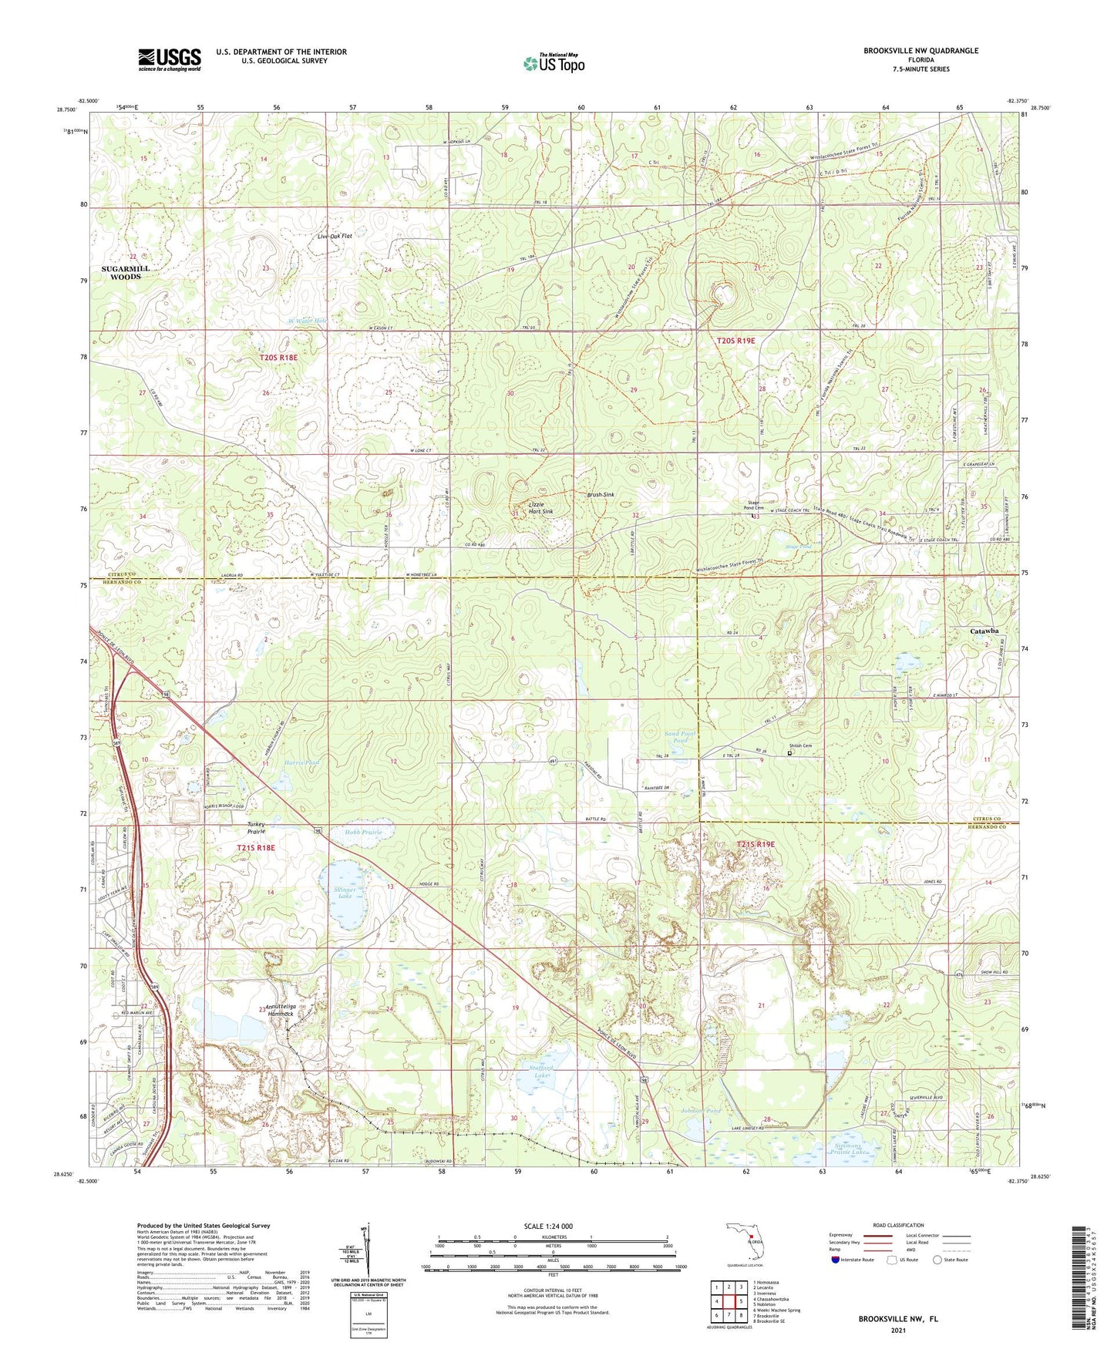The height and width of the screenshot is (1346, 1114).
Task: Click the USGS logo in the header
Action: [169, 59]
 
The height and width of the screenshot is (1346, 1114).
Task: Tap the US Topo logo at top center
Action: [553, 62]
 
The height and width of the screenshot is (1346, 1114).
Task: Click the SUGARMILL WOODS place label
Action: [125, 272]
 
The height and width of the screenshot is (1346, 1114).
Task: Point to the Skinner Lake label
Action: [344, 893]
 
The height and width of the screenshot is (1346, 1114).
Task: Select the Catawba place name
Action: [984, 631]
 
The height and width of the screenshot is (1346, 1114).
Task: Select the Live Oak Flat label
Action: [334, 236]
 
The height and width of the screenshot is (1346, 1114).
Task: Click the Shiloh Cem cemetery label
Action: [800, 745]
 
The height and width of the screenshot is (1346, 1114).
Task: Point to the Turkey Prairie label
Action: [257, 828]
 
